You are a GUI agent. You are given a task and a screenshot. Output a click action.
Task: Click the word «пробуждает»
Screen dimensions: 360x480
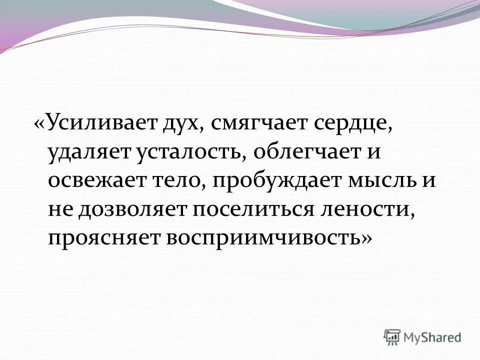[273, 180]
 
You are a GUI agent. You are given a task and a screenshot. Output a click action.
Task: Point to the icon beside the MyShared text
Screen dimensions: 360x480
[392, 337]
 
